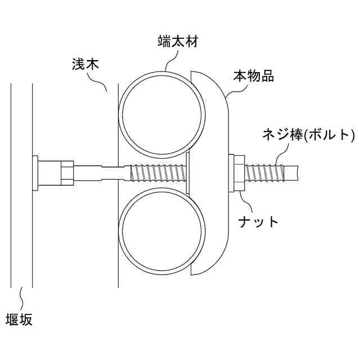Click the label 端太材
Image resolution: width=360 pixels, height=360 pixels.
(x=177, y=42)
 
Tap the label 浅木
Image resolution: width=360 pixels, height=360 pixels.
(x=86, y=64)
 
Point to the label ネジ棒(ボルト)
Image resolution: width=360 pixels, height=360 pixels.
(x=309, y=135)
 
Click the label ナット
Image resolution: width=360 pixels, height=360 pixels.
(x=258, y=221)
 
